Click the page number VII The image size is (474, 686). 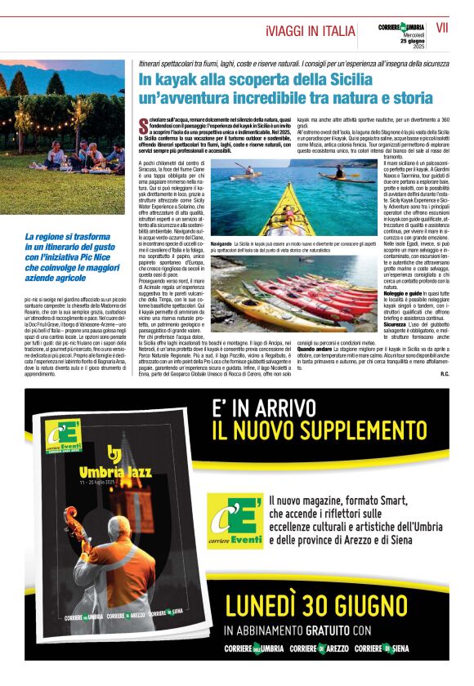tap(442, 28)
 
